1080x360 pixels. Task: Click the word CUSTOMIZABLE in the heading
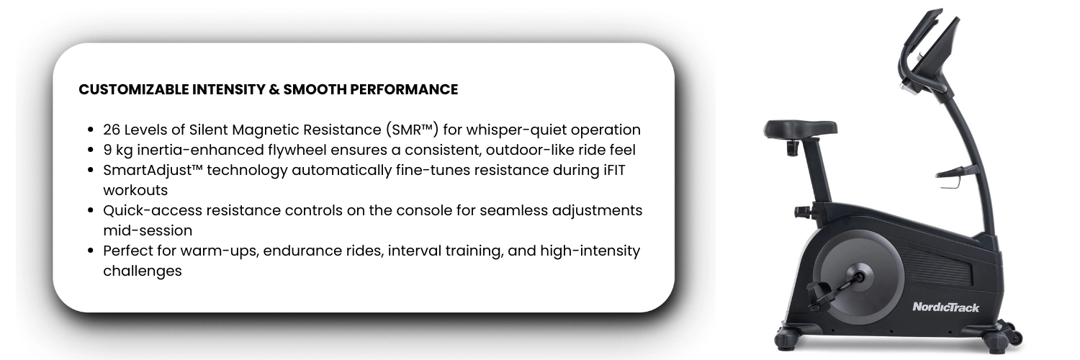[x=133, y=89]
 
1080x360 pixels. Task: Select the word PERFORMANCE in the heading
[x=404, y=89]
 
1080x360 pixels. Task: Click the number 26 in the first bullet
[x=112, y=130]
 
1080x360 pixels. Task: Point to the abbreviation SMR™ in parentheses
[x=412, y=130]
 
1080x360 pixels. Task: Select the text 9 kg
[x=117, y=150]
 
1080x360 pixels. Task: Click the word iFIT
[x=613, y=170]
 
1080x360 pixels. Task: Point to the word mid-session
[x=148, y=230]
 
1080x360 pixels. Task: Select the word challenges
[x=143, y=271]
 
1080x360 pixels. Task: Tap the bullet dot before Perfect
[x=90, y=251]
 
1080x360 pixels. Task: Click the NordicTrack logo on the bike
[x=945, y=307]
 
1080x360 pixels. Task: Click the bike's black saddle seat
[x=800, y=129]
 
